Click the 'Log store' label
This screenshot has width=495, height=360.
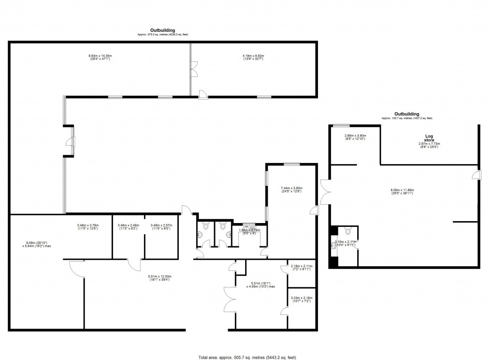click(429, 138)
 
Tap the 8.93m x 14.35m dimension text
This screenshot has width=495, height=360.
click(100, 58)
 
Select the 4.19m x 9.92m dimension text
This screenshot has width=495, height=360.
click(253, 58)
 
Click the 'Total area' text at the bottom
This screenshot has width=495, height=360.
click(247, 357)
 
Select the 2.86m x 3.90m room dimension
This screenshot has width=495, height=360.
click(355, 137)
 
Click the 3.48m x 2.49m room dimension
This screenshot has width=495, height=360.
click(128, 226)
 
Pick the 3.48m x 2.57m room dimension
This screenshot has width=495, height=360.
click(161, 226)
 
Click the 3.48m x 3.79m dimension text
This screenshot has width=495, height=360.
click(87, 226)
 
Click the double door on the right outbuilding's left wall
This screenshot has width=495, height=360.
click(324, 192)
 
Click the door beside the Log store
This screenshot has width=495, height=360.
click(477, 175)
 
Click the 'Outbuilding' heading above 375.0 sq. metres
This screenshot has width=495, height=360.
click(162, 30)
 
